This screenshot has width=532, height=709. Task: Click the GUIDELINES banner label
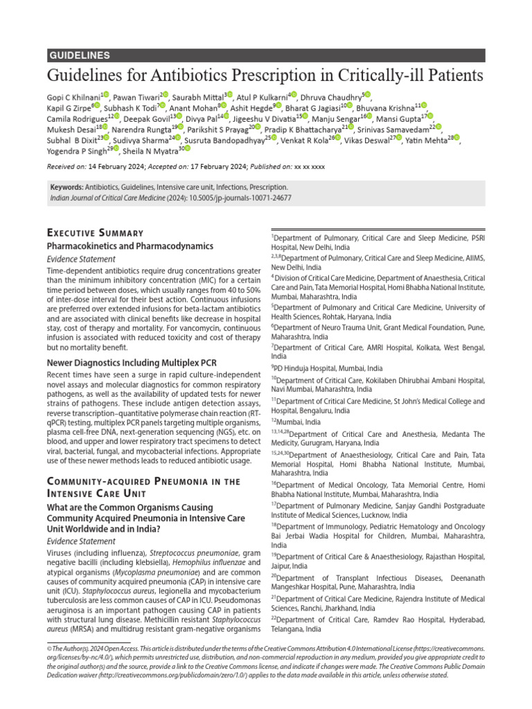tap(80, 55)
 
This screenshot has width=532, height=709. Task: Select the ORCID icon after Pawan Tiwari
tap(163, 95)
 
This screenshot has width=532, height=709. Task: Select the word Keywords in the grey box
tap(67, 188)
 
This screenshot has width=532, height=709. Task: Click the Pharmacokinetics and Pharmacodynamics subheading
tap(130, 246)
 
